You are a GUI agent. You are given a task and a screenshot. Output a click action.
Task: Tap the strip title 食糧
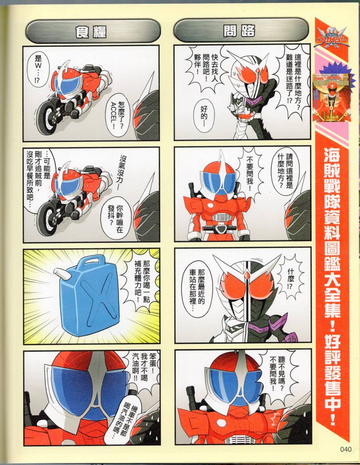(x=91, y=32)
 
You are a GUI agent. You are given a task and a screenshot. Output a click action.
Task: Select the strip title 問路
(x=239, y=31)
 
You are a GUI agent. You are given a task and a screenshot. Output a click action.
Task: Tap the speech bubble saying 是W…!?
(x=38, y=71)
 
